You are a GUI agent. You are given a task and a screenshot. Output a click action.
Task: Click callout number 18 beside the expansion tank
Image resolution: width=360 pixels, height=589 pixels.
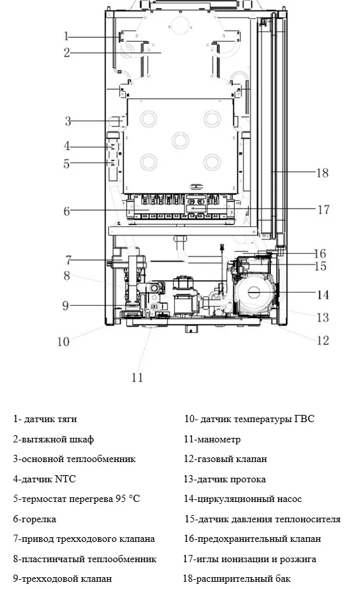tap(323, 173)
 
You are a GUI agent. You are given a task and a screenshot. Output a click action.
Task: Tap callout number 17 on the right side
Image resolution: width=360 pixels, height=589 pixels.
tap(323, 209)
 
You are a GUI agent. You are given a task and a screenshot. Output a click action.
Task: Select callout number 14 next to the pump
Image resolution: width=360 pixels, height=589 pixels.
tap(323, 294)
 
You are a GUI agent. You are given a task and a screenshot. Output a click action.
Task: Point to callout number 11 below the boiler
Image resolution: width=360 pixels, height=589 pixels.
tap(137, 377)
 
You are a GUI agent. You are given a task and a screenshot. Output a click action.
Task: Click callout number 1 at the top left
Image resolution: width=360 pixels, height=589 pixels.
tap(67, 37)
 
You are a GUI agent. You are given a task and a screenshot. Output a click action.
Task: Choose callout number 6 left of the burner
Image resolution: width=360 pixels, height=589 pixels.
tap(67, 211)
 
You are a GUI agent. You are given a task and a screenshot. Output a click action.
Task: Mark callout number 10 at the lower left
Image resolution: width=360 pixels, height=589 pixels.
tap(63, 342)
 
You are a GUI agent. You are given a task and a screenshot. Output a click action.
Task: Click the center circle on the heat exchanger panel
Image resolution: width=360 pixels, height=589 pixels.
tap(181, 141)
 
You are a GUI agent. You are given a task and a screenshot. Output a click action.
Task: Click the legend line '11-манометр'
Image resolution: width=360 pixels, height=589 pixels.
tap(212, 439)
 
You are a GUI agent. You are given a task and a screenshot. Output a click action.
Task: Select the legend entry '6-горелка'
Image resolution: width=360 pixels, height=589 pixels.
tap(35, 519)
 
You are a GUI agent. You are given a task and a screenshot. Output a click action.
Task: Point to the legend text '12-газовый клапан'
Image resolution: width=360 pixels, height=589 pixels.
tap(225, 459)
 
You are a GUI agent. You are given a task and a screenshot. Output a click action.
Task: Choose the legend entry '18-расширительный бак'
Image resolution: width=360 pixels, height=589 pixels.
tap(236, 579)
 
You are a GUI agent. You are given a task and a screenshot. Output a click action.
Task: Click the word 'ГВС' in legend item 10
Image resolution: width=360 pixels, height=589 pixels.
tap(304, 419)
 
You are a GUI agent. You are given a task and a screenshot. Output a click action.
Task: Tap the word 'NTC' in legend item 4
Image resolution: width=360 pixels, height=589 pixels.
tap(65, 479)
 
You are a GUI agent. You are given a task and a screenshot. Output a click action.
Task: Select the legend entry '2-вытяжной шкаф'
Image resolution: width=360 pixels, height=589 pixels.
tap(54, 439)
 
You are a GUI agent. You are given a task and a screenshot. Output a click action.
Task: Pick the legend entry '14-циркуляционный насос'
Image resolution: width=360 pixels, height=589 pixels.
tap(242, 499)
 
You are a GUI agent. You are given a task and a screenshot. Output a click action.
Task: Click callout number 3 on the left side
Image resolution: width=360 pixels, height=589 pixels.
tap(67, 121)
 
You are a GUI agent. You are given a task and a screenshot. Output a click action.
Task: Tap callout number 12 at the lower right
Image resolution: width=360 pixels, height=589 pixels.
tap(323, 340)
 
